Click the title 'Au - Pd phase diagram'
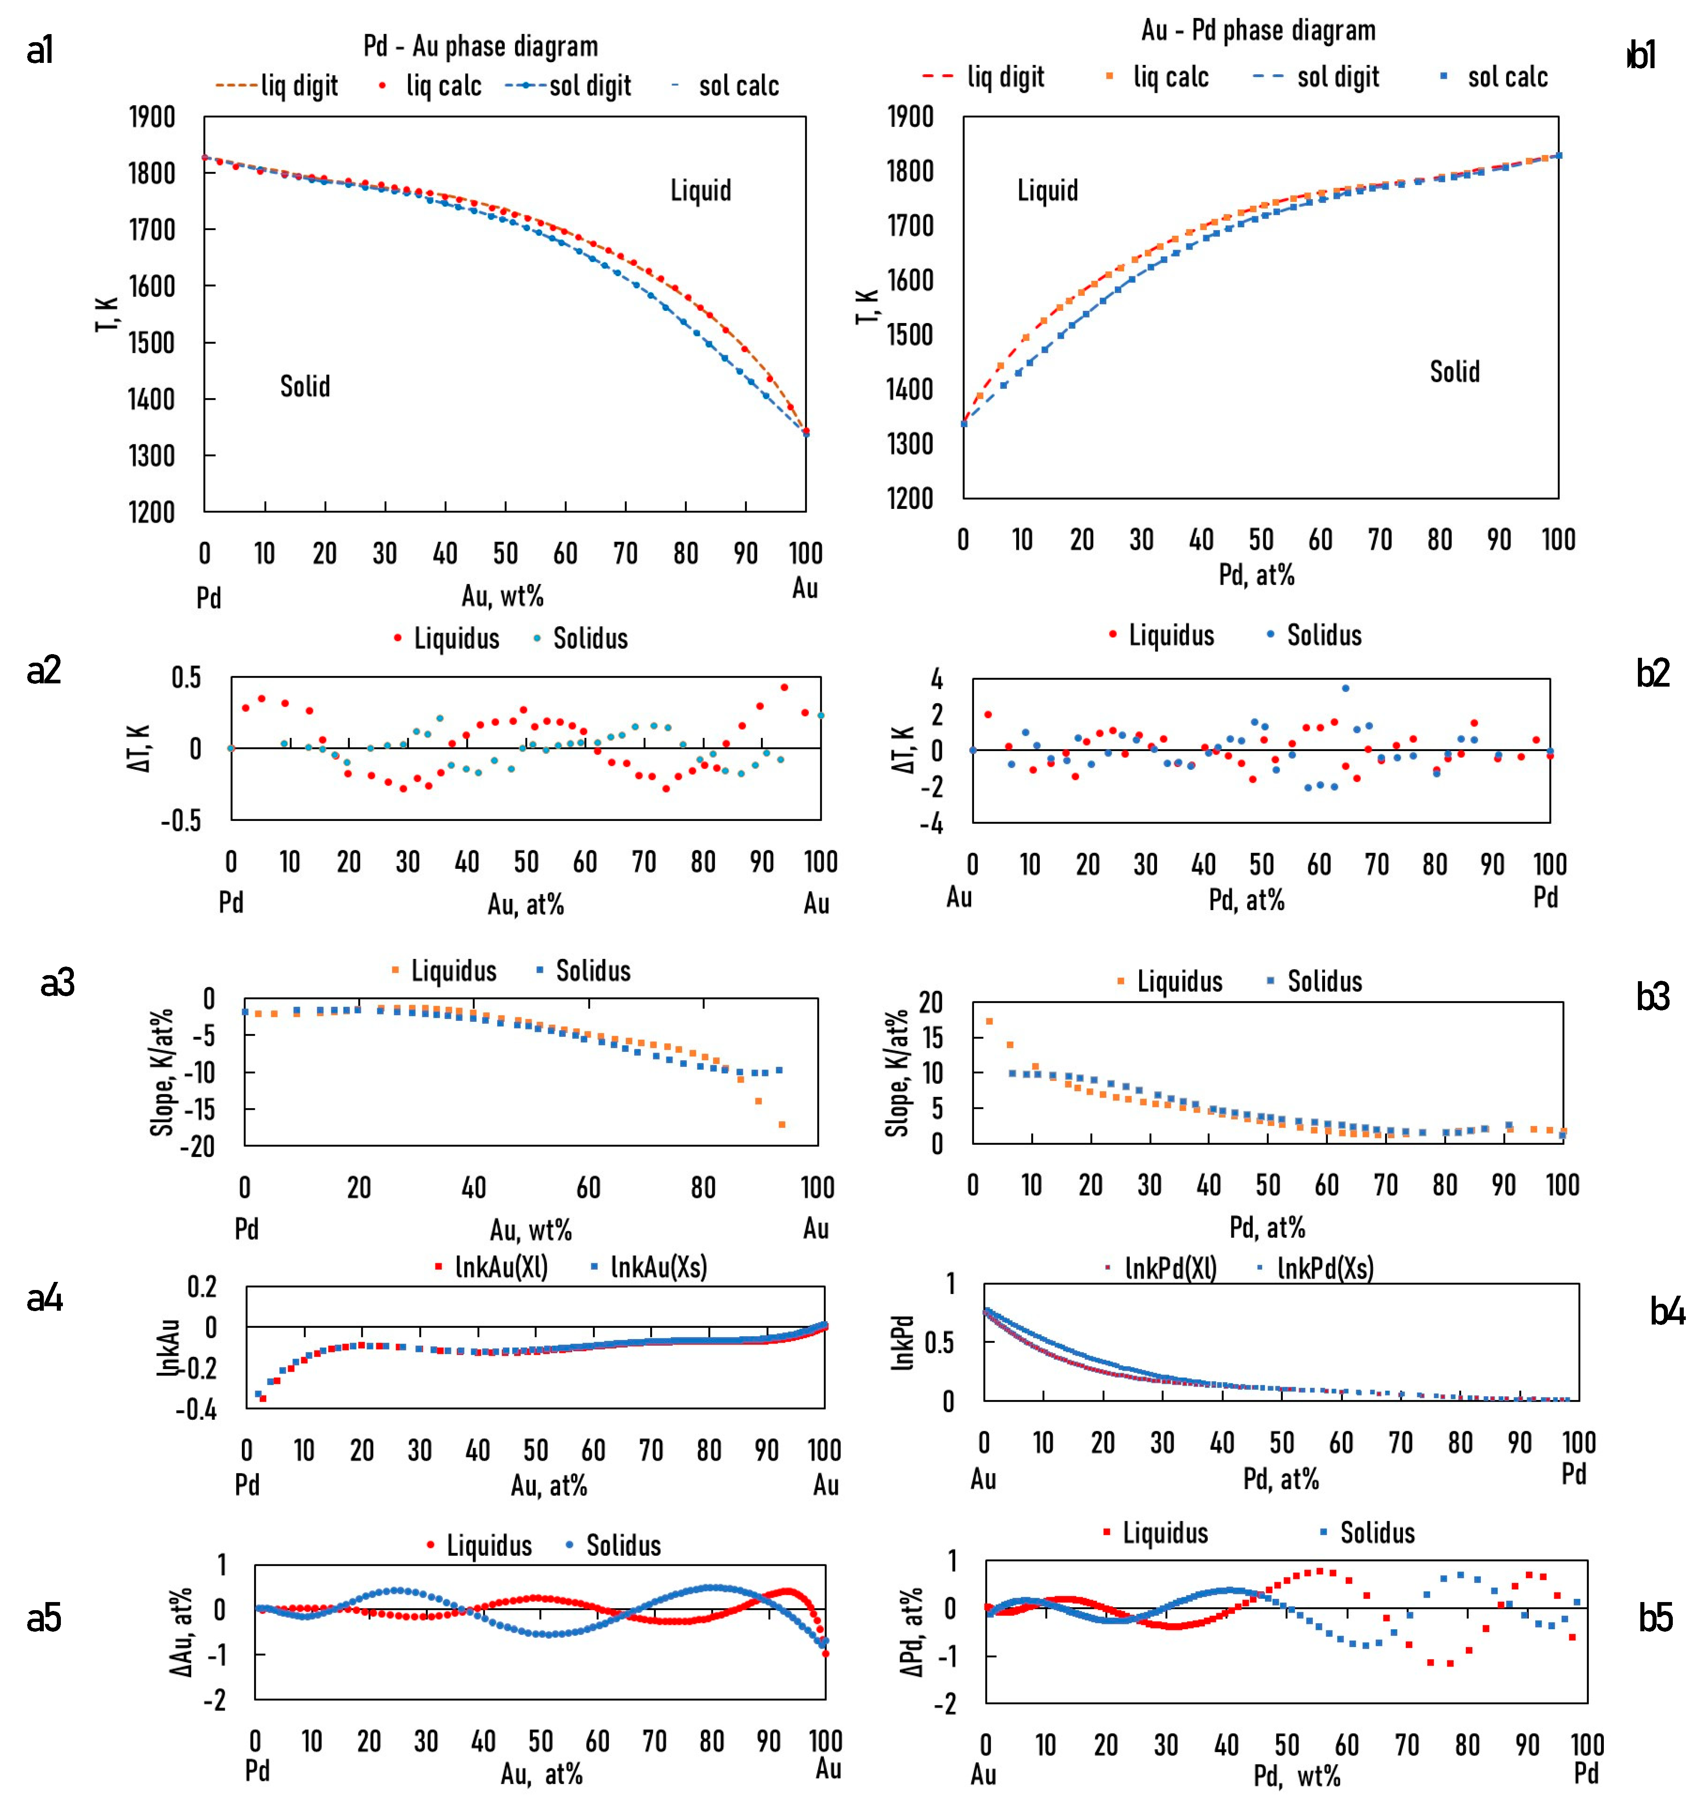click(x=1258, y=31)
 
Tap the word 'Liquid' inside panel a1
click(x=701, y=190)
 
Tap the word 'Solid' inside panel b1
click(x=1454, y=371)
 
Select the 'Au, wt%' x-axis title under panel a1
click(x=502, y=596)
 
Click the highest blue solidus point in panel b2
click(x=1345, y=688)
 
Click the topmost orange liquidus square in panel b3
click(x=989, y=1021)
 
